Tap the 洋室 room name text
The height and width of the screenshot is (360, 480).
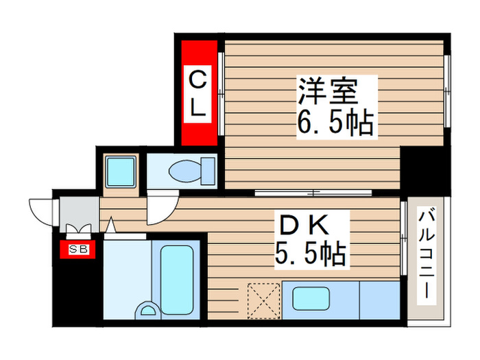tap(337, 91)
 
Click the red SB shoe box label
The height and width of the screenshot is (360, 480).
tap(77, 250)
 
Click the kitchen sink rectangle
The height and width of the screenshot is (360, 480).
tap(311, 298)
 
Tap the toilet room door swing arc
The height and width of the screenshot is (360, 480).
tap(163, 208)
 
